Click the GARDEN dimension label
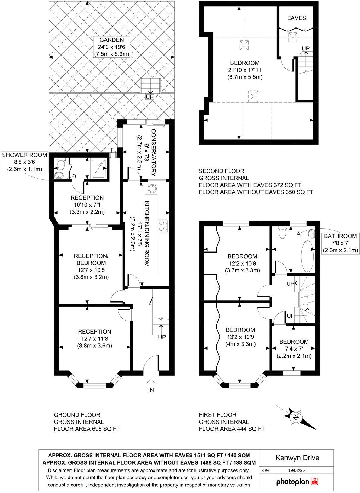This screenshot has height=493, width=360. tap(111, 47)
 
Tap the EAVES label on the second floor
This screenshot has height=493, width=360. tap(296, 18)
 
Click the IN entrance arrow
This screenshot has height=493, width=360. tap(151, 386)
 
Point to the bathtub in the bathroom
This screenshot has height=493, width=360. tap(307, 256)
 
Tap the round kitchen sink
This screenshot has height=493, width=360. tap(152, 189)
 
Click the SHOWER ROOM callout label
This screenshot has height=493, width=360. tap(24, 162)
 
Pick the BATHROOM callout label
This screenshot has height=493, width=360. tap(340, 243)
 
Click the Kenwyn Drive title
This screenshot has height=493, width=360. tap(297, 458)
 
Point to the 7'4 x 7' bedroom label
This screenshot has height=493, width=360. tap(294, 349)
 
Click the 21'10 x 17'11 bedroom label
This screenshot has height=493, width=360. tap(245, 70)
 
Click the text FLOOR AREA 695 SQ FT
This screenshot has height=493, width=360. tap(85, 429)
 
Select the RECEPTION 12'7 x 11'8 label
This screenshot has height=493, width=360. tap(94, 338)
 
